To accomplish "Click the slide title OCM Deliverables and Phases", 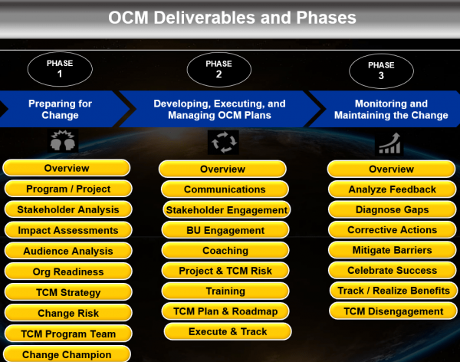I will pos(231,17).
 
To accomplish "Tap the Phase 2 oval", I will pos(219,71).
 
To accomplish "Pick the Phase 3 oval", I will pos(381,71).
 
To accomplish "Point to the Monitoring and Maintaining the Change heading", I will pos(391,110).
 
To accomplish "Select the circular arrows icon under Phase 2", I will pos(223,142).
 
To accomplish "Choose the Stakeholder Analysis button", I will pos(68,209).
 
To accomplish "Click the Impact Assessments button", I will pos(68,230).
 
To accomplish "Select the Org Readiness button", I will pos(68,271).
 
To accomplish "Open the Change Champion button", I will pos(67,354).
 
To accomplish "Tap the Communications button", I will pos(225,189).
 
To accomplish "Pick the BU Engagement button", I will pos(225,230).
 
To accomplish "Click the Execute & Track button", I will pos(228,331).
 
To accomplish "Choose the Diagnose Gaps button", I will pos(392,209).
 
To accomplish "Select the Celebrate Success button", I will pos(392,270).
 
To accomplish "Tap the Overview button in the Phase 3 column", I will pos(392,169).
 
